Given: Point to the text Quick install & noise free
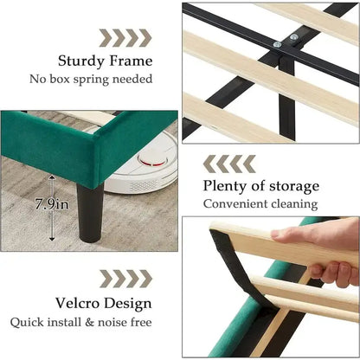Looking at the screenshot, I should click(x=91, y=323).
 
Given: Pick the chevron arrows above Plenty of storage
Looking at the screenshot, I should click(x=228, y=162).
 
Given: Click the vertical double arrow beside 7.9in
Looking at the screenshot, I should click(x=52, y=206).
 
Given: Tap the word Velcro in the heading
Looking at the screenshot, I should click(x=83, y=304).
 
